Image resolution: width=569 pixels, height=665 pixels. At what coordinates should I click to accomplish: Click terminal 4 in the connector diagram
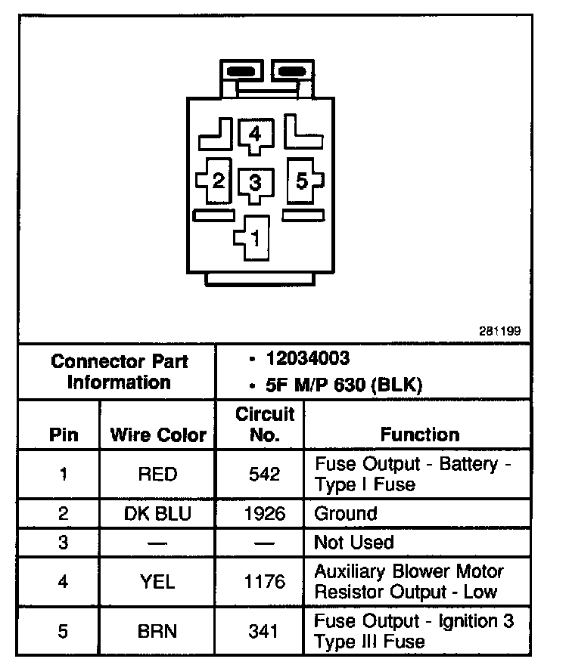coord(255,135)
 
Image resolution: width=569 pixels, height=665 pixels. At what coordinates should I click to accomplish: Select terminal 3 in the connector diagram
coord(255,182)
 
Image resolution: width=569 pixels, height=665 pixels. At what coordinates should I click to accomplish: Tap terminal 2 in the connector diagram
coord(218,181)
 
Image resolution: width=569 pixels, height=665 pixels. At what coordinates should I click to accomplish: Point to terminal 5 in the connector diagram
coord(301,181)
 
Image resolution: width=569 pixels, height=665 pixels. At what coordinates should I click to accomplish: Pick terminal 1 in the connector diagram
coord(255,239)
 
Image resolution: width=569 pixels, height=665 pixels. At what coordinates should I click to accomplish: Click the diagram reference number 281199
coord(499,331)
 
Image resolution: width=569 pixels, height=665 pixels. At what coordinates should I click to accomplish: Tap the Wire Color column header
coord(158,435)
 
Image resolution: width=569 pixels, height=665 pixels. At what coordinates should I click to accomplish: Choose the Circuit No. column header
coord(264,425)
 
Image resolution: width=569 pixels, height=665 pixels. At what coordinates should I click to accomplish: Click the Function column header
coord(420,435)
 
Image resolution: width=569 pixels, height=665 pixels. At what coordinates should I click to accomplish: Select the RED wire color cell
coord(157,475)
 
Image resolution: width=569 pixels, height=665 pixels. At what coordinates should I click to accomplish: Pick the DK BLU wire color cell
coord(157,514)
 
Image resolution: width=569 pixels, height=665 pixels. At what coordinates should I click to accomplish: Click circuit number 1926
coord(264,514)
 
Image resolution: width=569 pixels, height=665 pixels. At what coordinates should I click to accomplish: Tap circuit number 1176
coord(264,581)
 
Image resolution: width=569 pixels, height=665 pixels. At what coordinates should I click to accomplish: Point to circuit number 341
coord(264,631)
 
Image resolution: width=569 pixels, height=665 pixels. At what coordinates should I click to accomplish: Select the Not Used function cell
coord(354,543)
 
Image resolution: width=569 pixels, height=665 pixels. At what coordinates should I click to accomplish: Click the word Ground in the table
coord(345,514)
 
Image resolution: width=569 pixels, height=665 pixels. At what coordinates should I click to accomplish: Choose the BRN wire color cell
coord(157,631)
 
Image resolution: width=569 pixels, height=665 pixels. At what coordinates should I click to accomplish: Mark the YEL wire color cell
coord(157,581)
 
